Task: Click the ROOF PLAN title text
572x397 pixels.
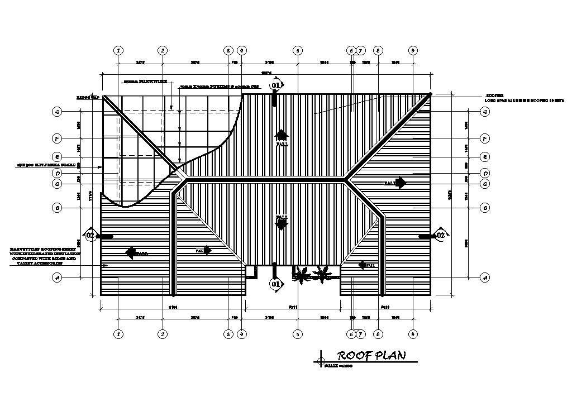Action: point(371,355)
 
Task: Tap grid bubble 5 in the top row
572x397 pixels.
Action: point(298,50)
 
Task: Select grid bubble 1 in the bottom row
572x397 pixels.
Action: point(118,334)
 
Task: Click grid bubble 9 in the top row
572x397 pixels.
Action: point(413,50)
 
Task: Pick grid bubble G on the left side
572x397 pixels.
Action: point(56,112)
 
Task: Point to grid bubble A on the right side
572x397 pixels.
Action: point(485,277)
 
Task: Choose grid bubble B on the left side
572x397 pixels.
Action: point(56,208)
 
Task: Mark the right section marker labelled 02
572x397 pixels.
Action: point(440,236)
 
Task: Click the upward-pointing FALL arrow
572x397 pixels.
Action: point(282,135)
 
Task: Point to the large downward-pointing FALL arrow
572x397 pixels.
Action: point(282,224)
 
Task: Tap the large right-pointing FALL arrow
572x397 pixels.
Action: point(401,183)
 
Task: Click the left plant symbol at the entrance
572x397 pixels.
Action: point(302,275)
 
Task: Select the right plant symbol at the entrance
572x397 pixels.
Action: point(322,274)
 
